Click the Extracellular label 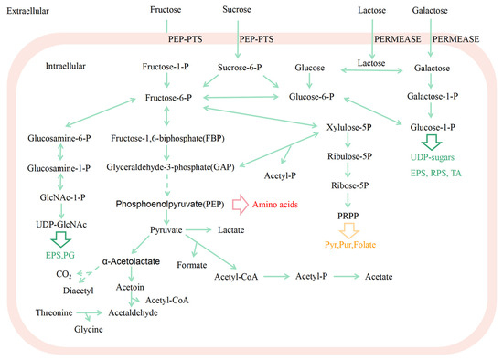pyautogui.click(x=28, y=9)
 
